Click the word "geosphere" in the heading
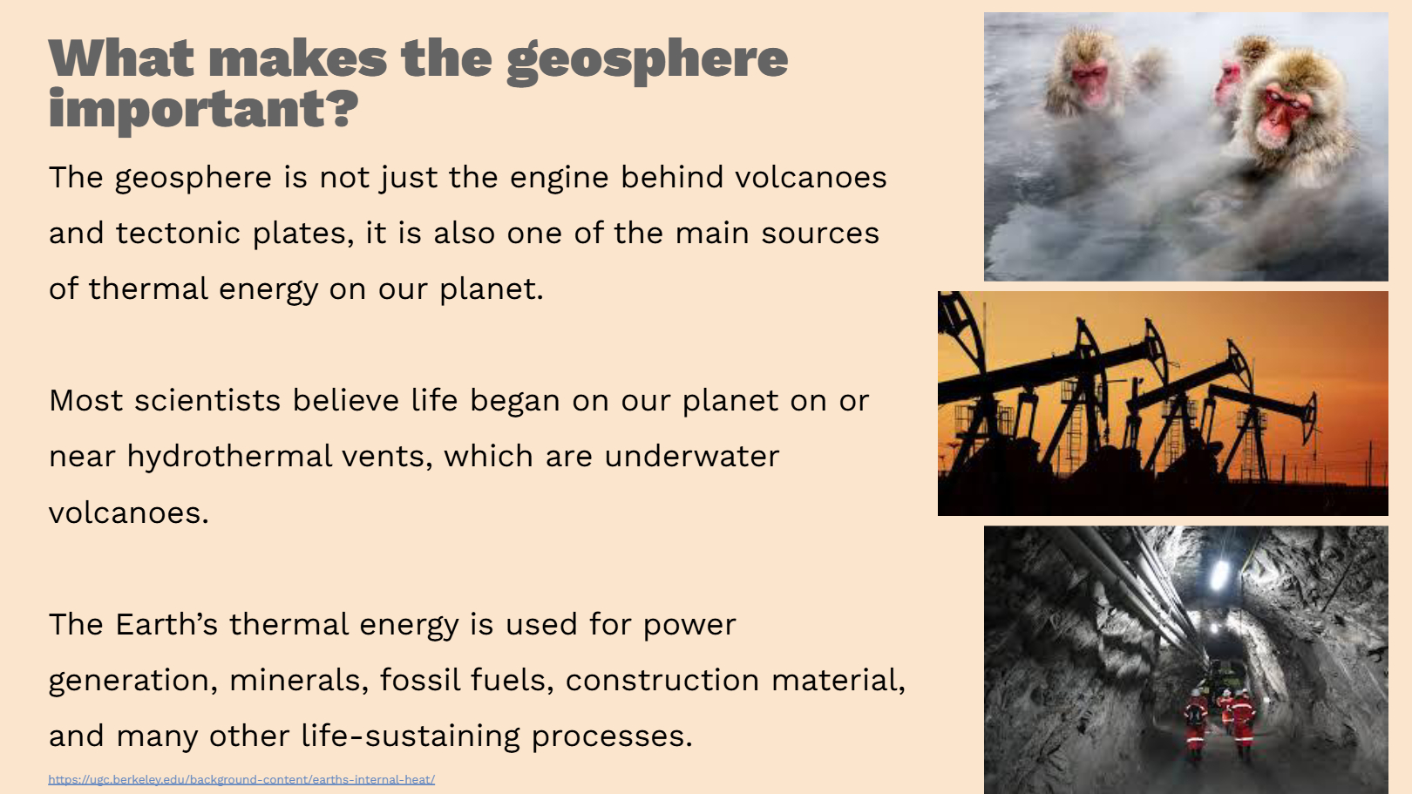tap(648, 61)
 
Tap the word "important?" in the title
tap(203, 111)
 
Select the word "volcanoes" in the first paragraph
tap(811, 177)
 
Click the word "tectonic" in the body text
tap(178, 233)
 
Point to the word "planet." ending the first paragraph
tap(491, 290)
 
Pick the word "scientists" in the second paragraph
tap(207, 400)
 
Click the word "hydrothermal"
tap(229, 456)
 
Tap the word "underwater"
tap(691, 456)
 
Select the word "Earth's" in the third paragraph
tap(166, 624)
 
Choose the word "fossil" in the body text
tap(420, 680)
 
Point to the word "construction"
tap(662, 680)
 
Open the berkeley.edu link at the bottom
tap(241, 779)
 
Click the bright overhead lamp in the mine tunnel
tap(1219, 574)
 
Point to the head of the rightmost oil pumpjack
tap(1310, 415)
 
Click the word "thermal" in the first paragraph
tap(148, 289)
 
